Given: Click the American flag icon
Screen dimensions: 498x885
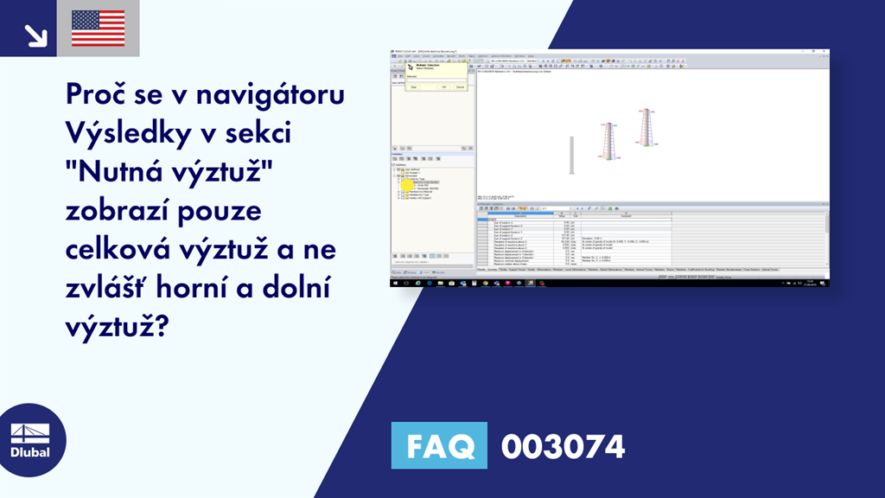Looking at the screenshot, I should [x=99, y=28].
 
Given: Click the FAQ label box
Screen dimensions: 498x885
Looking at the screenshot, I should [x=440, y=447].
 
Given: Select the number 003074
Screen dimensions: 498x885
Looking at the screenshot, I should [x=563, y=447].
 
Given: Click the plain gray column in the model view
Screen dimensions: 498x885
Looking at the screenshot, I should [x=571, y=155].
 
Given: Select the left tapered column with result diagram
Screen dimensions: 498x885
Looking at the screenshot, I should [x=610, y=140].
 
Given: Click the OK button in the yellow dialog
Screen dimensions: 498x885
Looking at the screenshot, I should [x=443, y=86].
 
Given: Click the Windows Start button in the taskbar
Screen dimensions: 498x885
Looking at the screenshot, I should [x=396, y=283].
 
